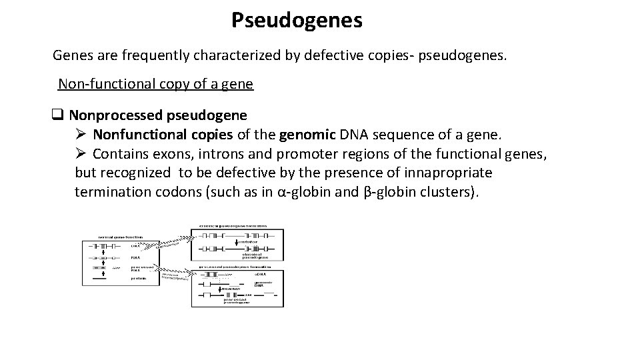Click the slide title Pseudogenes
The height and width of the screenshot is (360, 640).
point(297,20)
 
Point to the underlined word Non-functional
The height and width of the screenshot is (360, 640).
point(97,84)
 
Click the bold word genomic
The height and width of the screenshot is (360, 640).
point(310,135)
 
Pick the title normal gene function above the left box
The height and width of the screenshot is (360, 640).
point(120,237)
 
